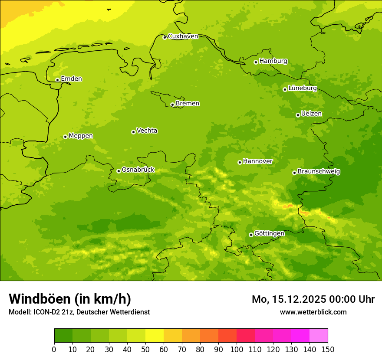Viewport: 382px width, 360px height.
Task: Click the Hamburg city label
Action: (273, 61)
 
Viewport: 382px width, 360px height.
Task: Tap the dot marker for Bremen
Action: (172, 105)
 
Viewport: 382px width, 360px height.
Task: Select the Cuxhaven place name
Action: (183, 36)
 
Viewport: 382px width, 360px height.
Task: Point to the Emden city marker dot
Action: (57, 80)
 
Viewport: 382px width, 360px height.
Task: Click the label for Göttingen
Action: (269, 233)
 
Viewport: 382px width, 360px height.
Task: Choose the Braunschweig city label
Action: (319, 172)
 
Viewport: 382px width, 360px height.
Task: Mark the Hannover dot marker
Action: (240, 162)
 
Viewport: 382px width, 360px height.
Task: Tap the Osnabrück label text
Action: (138, 170)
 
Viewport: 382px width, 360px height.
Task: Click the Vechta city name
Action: (147, 131)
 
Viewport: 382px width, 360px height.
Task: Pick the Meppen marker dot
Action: (65, 137)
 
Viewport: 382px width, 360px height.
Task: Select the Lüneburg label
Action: (302, 88)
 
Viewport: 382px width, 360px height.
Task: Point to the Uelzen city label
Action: (311, 114)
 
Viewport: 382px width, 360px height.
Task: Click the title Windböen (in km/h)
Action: (70, 299)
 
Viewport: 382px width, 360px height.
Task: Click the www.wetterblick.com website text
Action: (313, 312)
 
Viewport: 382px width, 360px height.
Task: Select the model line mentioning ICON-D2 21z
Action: (79, 312)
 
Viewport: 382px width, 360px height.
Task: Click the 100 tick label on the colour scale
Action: (237, 350)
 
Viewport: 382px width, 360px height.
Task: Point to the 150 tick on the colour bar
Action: (328, 350)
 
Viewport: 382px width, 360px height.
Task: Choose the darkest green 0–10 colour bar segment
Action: (63, 335)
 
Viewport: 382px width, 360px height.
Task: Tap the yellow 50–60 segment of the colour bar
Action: (155, 335)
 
